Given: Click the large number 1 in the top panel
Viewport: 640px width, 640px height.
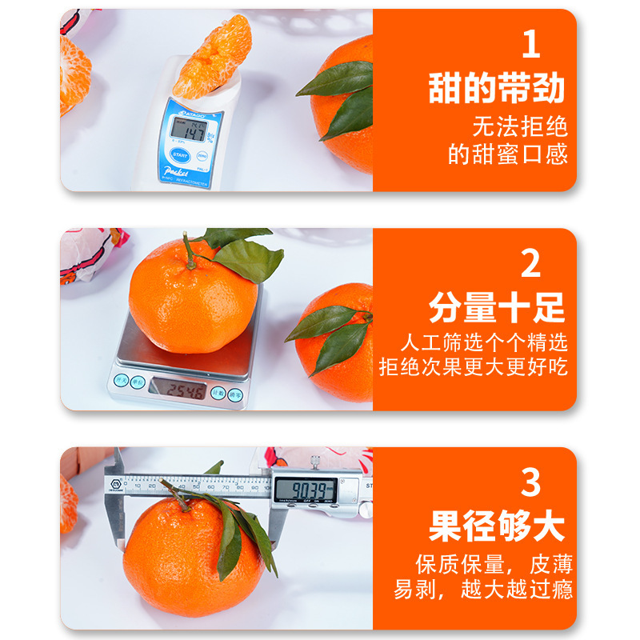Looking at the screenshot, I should point(530,46).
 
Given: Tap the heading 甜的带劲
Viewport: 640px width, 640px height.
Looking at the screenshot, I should point(497,89).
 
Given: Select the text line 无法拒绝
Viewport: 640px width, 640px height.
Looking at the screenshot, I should point(520,126).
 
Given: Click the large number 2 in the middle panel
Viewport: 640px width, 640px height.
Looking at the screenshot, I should point(530,265).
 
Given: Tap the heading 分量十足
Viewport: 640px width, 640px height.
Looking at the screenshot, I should point(497,308).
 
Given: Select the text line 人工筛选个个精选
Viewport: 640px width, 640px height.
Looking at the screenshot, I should point(484,343).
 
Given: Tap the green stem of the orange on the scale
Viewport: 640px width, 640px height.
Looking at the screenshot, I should point(190,250).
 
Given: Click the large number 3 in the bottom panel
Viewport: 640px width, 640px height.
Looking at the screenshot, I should point(530,483).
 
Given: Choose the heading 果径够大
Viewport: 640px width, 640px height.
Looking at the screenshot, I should point(497,527).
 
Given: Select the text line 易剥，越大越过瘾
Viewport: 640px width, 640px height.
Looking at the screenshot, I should point(483,591).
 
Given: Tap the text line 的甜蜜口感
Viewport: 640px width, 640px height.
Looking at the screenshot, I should point(508,154).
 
